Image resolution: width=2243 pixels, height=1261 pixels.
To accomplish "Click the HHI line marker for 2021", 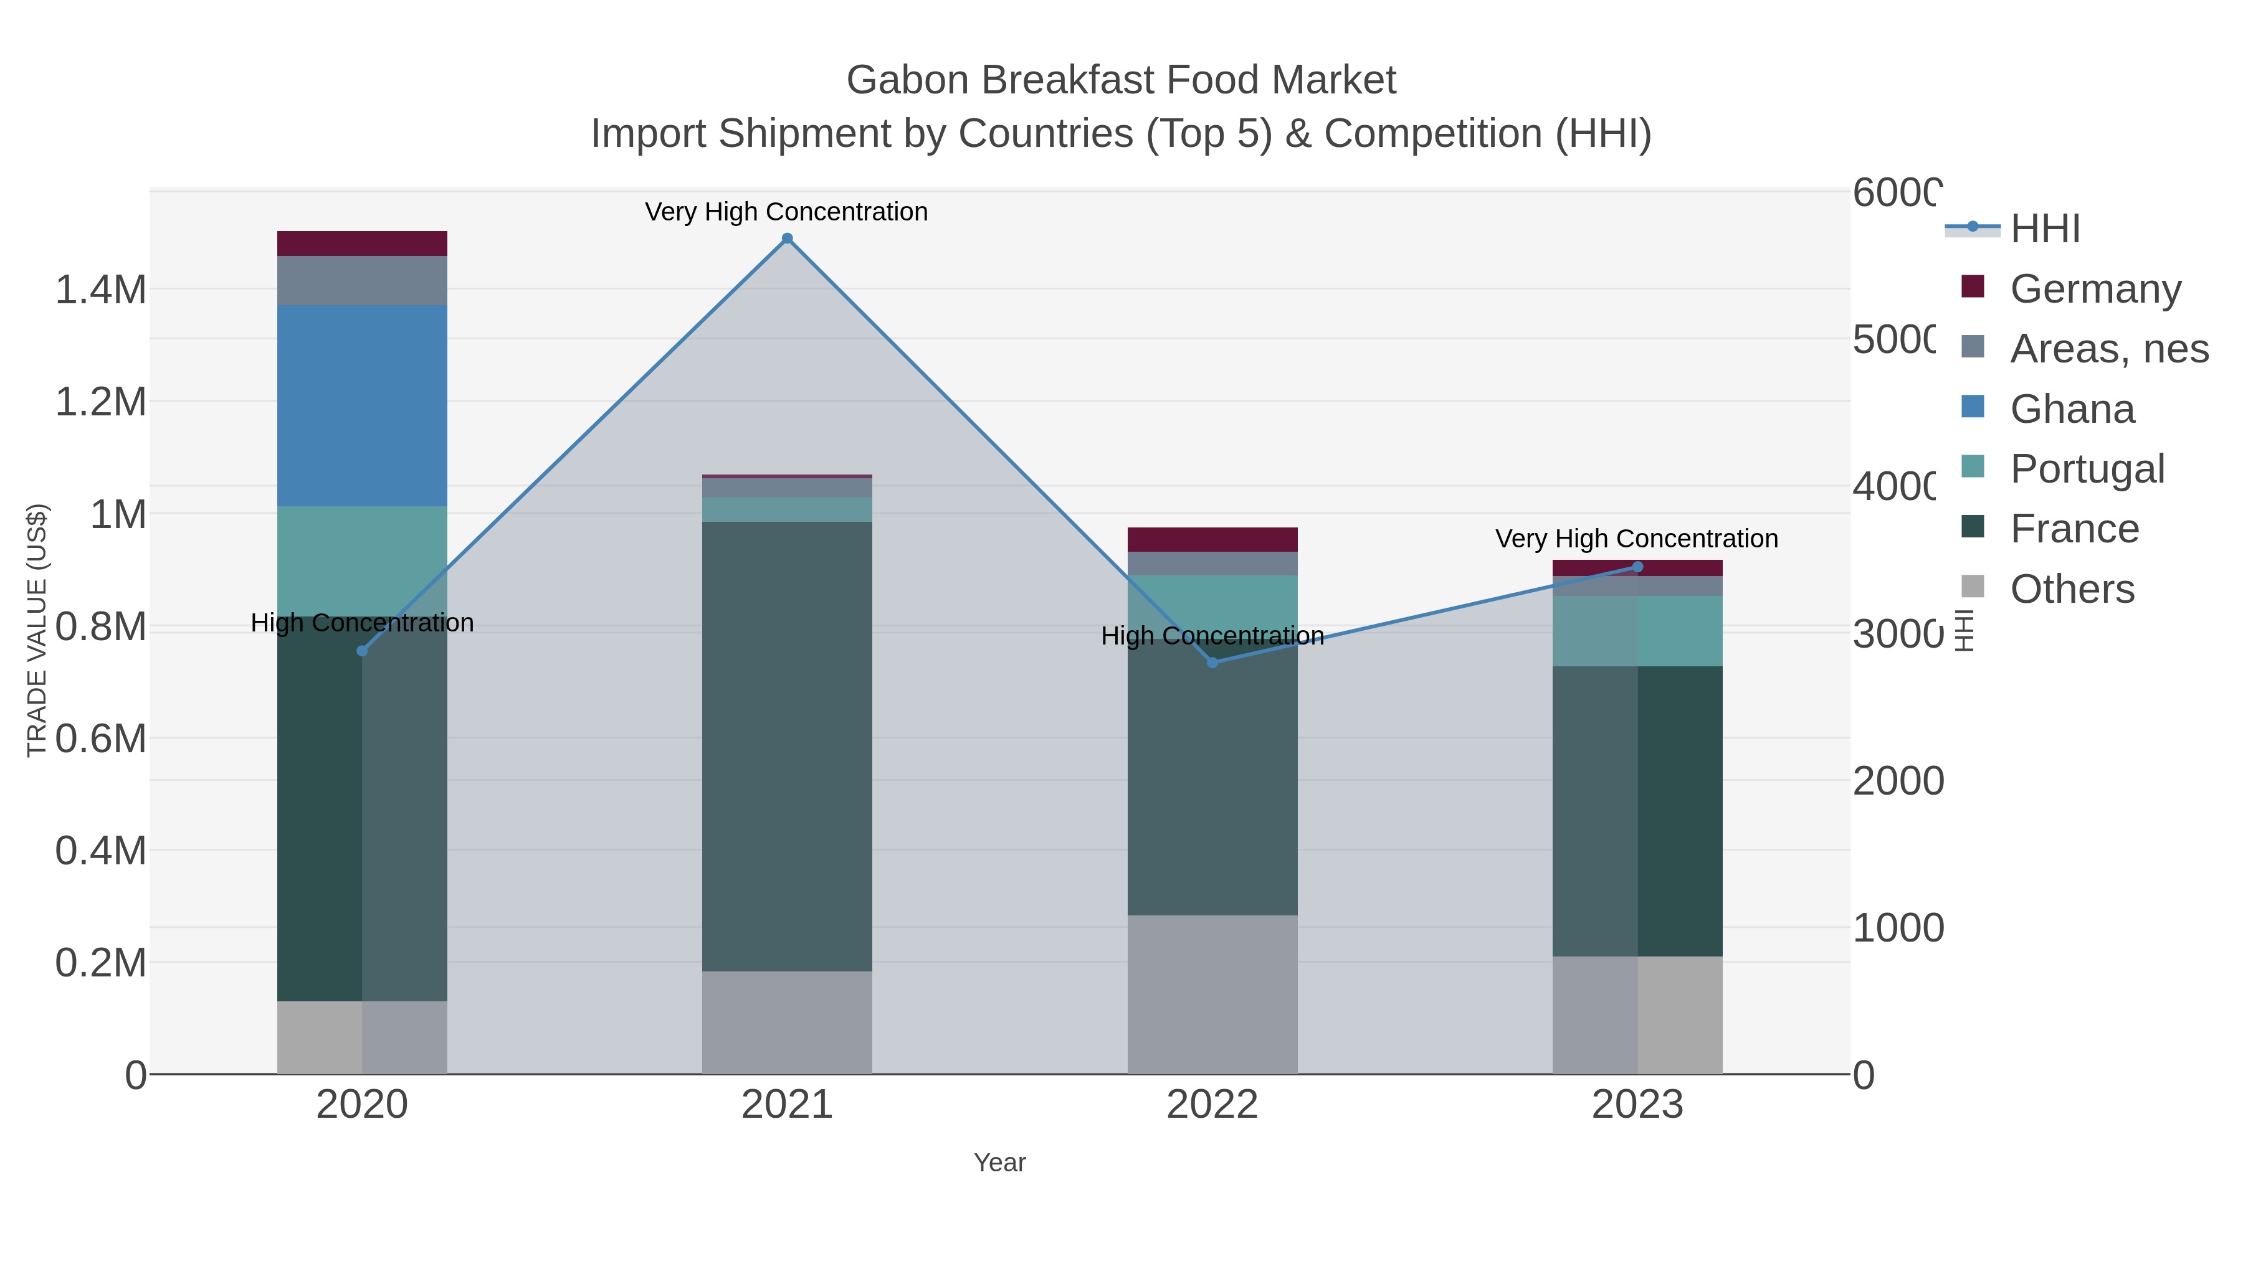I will click(x=787, y=239).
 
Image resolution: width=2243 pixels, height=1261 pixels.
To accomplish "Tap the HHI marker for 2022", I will click(x=1212, y=663).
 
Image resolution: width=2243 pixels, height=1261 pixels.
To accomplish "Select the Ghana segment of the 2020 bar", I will click(x=362, y=405).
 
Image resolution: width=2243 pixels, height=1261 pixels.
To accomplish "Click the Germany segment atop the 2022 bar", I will click(x=1212, y=539).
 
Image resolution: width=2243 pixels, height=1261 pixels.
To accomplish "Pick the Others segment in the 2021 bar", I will click(x=787, y=1022).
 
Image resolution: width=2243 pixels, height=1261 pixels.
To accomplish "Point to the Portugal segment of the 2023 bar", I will click(x=1637, y=631).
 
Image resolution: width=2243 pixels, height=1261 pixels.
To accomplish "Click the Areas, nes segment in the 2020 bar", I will click(x=362, y=280).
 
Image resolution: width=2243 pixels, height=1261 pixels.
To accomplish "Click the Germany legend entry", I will click(x=2095, y=289).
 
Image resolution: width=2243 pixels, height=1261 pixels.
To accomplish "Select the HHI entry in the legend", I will click(x=2044, y=229).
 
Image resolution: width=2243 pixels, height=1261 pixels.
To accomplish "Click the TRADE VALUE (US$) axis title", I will click(x=37, y=630).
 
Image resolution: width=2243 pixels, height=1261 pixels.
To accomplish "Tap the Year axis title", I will click(x=999, y=1163).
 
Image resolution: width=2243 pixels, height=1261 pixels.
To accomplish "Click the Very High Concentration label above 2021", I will click(x=786, y=212).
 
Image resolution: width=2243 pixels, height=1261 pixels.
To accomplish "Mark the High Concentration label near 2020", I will click(x=362, y=623).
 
